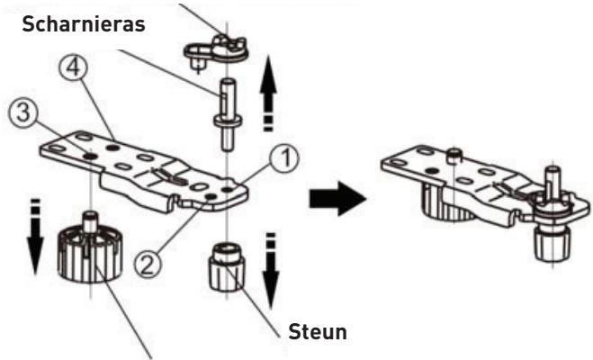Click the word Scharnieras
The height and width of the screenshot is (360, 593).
[84, 24]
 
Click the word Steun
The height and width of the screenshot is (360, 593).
[318, 332]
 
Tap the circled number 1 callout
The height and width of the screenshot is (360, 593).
[284, 158]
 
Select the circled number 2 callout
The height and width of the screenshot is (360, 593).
[148, 264]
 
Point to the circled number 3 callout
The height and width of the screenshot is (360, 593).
[23, 113]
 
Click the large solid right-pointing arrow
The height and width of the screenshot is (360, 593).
[337, 199]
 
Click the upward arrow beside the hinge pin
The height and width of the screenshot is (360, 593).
[268, 93]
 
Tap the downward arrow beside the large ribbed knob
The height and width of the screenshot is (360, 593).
[35, 236]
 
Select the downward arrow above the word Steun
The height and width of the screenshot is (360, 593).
[271, 271]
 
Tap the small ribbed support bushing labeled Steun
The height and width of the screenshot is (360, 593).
[227, 267]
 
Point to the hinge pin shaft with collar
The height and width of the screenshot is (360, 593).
[228, 114]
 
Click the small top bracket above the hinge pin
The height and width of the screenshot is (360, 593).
[216, 51]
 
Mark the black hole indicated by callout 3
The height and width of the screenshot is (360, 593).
[90, 156]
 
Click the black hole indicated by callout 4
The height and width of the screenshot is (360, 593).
[112, 148]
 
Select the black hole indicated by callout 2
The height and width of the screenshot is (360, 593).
[211, 196]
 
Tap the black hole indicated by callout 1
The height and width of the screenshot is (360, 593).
[227, 188]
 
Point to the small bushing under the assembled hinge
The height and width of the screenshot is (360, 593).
[551, 241]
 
